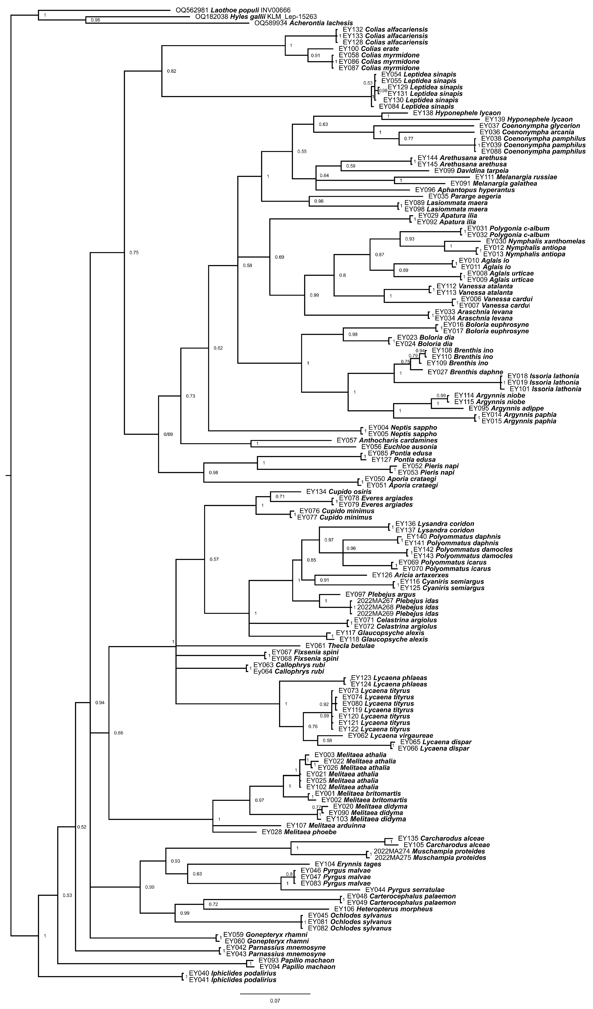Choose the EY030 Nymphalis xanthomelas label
tap(535, 241)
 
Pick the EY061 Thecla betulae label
tap(340, 646)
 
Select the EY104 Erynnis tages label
tap(348, 864)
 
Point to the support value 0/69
tap(168, 434)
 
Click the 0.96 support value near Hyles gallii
tap(95, 20)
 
